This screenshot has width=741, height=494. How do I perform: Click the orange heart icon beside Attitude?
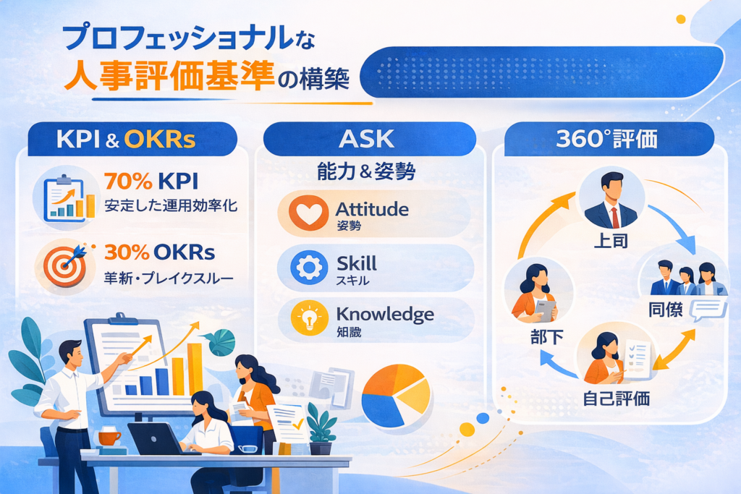point(308,213)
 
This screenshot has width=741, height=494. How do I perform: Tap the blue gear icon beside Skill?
point(309,268)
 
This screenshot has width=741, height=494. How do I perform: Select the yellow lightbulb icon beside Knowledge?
point(310,318)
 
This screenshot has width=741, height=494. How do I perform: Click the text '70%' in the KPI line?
point(129,181)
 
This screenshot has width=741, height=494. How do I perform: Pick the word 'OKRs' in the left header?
point(160,139)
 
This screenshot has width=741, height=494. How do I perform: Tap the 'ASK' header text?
point(366,139)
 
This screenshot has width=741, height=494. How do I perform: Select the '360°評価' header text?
point(606,139)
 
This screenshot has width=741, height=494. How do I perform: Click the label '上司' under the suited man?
point(611,241)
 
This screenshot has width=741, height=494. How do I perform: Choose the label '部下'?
point(547,337)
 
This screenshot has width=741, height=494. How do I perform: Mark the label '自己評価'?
point(617,399)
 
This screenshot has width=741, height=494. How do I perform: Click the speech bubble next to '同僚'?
point(708,310)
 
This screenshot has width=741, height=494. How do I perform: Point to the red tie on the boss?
point(615,218)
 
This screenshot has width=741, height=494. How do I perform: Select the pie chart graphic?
point(396,396)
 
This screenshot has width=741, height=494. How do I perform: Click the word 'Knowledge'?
point(385,315)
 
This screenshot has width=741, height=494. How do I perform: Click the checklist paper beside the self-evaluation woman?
point(638,359)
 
